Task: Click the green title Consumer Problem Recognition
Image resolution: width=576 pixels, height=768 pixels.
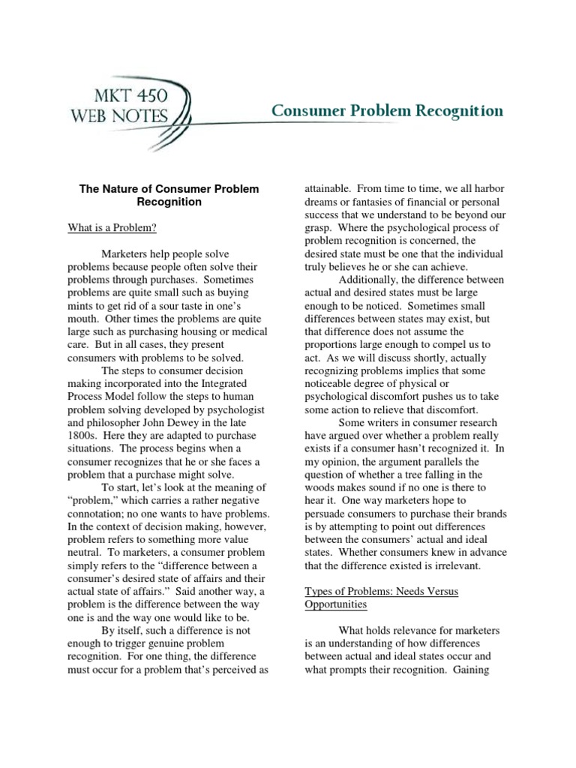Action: point(387,112)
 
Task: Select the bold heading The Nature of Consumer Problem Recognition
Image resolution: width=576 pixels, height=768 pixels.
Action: point(169,196)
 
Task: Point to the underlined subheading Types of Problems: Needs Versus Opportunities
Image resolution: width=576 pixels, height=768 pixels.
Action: point(381,598)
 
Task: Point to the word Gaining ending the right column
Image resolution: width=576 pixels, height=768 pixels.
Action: point(470,670)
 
